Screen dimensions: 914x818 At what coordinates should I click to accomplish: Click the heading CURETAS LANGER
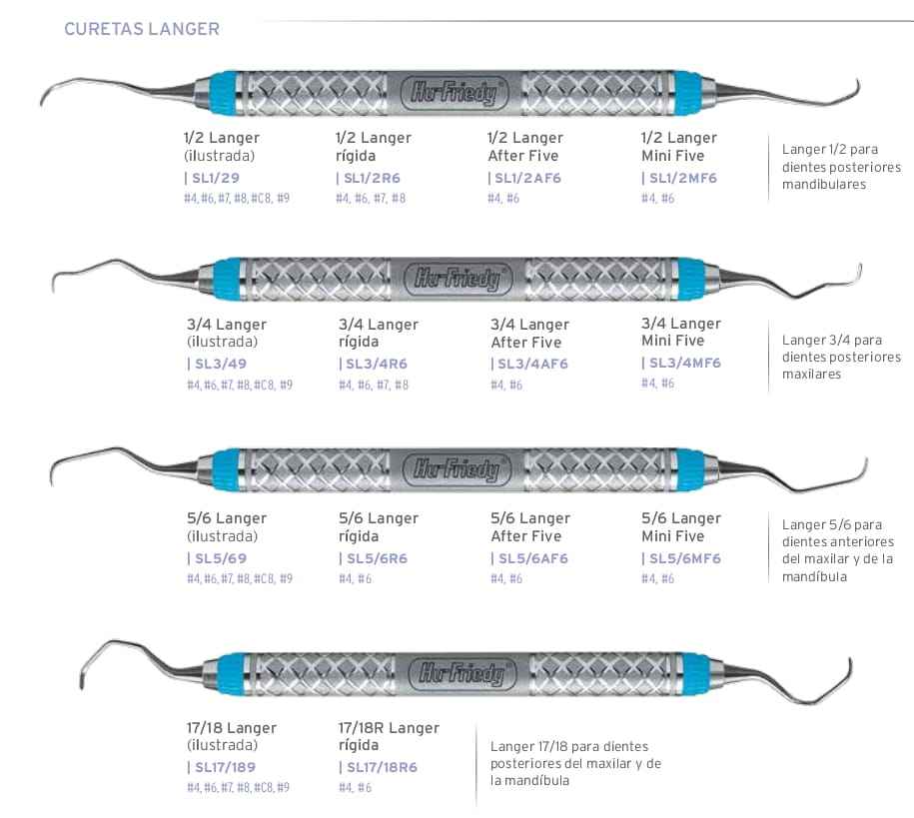point(141,29)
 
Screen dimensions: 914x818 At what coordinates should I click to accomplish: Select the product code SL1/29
point(215,178)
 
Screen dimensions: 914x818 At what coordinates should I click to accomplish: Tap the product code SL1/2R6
point(373,178)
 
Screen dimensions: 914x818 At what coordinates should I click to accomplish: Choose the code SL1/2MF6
point(682,178)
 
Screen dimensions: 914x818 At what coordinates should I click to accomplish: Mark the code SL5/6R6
point(373,558)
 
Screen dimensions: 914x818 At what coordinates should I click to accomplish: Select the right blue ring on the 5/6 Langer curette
point(690,468)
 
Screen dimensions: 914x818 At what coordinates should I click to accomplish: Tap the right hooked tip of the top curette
point(852,93)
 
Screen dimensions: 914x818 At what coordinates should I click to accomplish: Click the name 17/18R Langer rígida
point(389,737)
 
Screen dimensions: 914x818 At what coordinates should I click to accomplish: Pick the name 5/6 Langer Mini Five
point(681,526)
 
